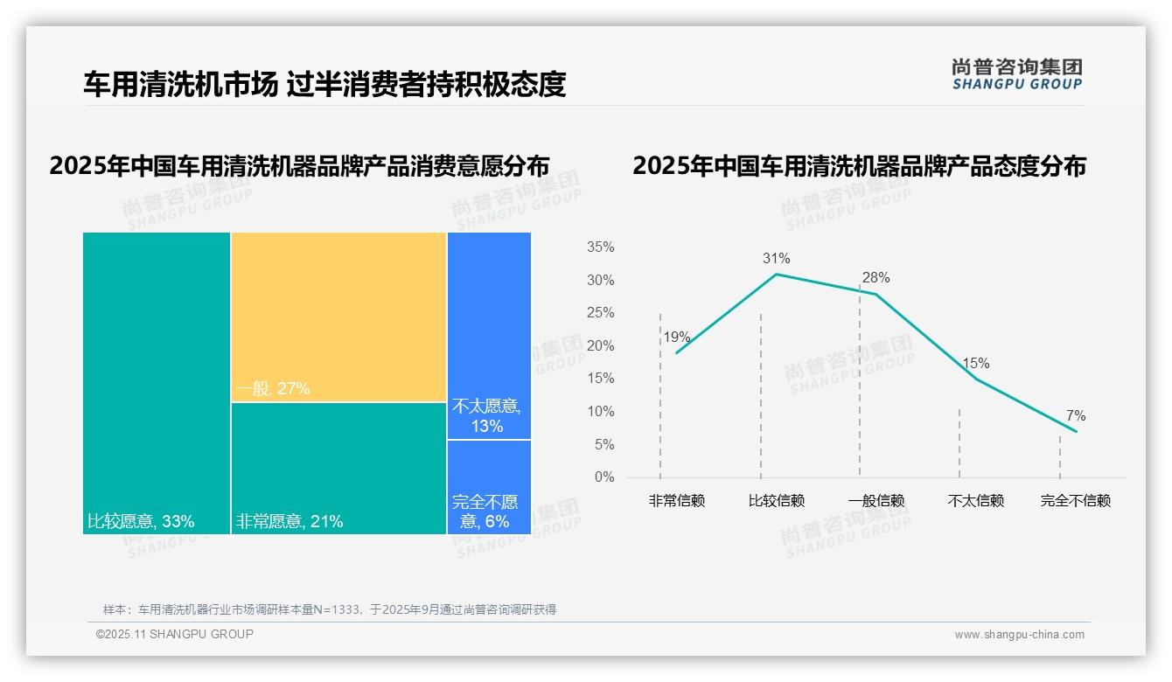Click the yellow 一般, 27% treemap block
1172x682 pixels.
(x=338, y=317)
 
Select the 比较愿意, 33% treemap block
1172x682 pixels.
(x=157, y=382)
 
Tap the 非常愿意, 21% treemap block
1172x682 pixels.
(x=338, y=468)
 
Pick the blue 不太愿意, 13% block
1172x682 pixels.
(x=489, y=335)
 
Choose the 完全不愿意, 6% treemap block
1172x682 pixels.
(x=489, y=486)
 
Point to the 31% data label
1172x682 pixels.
(x=776, y=258)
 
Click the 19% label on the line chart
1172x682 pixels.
(x=676, y=337)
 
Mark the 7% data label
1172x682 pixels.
(x=1075, y=415)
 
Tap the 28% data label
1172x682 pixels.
(x=876, y=277)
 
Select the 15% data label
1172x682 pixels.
(x=975, y=363)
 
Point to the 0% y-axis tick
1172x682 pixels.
(x=604, y=477)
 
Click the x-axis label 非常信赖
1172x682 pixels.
(x=676, y=501)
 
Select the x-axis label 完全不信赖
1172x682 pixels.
(x=1075, y=501)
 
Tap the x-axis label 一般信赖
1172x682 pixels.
(x=876, y=501)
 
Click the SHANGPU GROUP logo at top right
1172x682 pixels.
(x=1016, y=74)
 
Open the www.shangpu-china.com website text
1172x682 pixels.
(x=1019, y=635)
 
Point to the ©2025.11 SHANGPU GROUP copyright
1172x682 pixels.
(x=175, y=634)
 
